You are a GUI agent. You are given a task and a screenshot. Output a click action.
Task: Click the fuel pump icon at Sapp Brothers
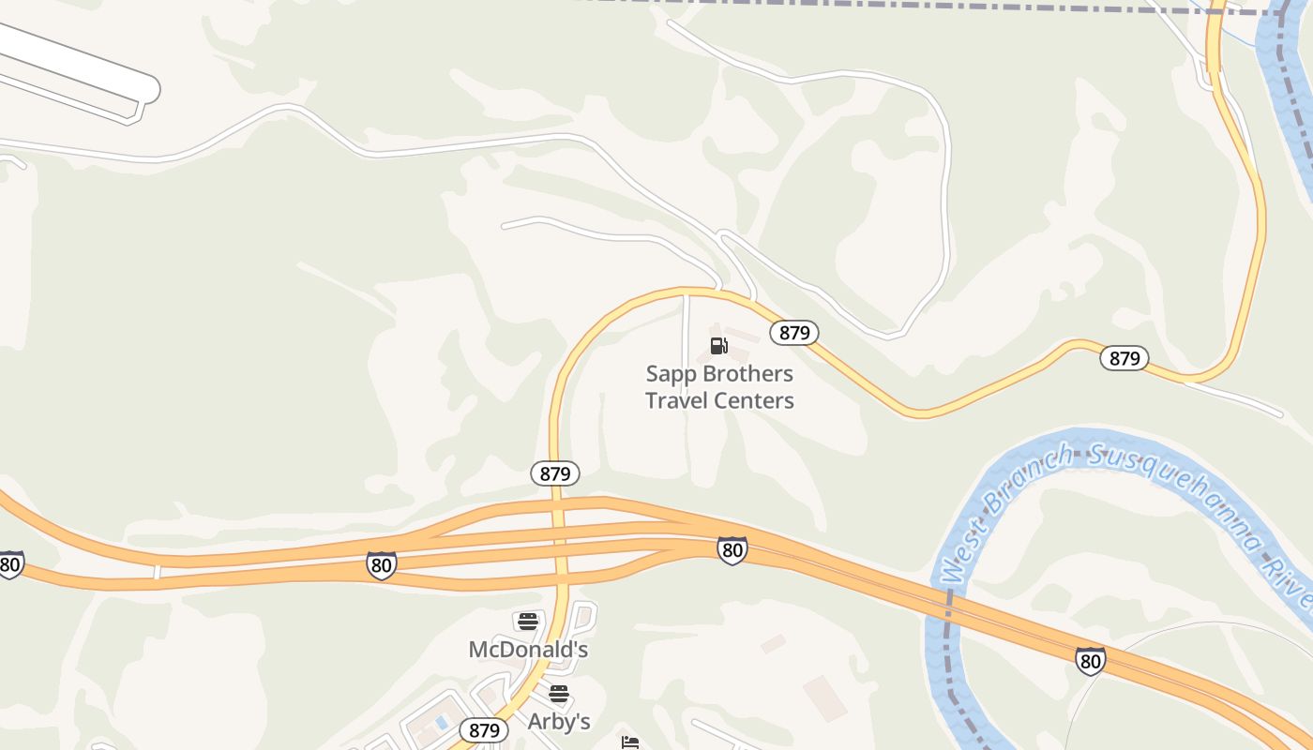tap(719, 345)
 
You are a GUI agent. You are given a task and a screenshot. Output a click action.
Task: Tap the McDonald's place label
tap(528, 649)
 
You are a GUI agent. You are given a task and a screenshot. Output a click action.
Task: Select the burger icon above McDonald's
tap(528, 621)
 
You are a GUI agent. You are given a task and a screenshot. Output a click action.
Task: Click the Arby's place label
tap(559, 721)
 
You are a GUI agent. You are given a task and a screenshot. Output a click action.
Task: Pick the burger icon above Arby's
tap(559, 694)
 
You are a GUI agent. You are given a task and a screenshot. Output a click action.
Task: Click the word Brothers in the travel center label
tap(747, 374)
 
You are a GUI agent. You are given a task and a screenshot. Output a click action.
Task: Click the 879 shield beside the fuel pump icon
tap(794, 333)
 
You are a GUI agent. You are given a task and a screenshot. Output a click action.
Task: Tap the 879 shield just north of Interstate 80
tap(555, 473)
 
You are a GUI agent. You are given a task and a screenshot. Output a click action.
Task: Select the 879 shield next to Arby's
tap(484, 730)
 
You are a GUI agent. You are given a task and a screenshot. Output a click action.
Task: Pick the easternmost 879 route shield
tap(1124, 358)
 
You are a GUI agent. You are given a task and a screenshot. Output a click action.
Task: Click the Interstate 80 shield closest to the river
tap(1090, 661)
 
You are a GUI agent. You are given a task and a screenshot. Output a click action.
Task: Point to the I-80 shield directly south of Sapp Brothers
tap(732, 550)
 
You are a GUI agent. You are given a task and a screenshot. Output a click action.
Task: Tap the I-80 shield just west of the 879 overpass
tap(381, 565)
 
